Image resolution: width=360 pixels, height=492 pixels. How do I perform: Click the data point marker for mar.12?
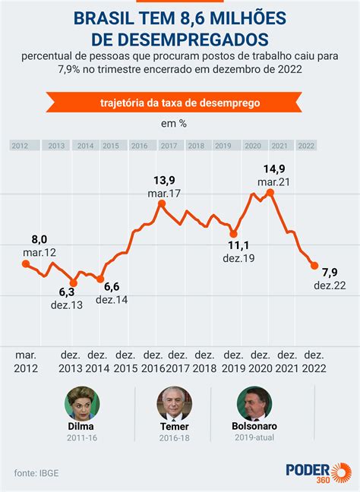point(26,264)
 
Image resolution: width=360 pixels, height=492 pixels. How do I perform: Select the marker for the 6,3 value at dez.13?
point(74,279)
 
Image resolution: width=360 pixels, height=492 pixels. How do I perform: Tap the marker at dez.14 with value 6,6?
point(100,279)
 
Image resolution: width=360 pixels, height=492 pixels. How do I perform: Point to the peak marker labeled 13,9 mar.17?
point(162,203)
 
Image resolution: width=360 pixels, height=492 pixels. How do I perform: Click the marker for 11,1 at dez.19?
point(233,234)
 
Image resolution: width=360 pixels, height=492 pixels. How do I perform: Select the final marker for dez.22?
point(314,265)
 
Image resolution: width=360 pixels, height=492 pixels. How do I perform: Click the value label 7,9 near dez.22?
point(330,272)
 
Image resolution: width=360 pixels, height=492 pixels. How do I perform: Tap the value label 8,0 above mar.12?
point(39,238)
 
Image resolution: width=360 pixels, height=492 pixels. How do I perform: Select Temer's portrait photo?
point(174,404)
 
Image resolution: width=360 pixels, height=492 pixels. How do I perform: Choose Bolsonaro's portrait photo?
point(254,404)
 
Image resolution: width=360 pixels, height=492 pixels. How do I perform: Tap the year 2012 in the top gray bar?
point(20,145)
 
